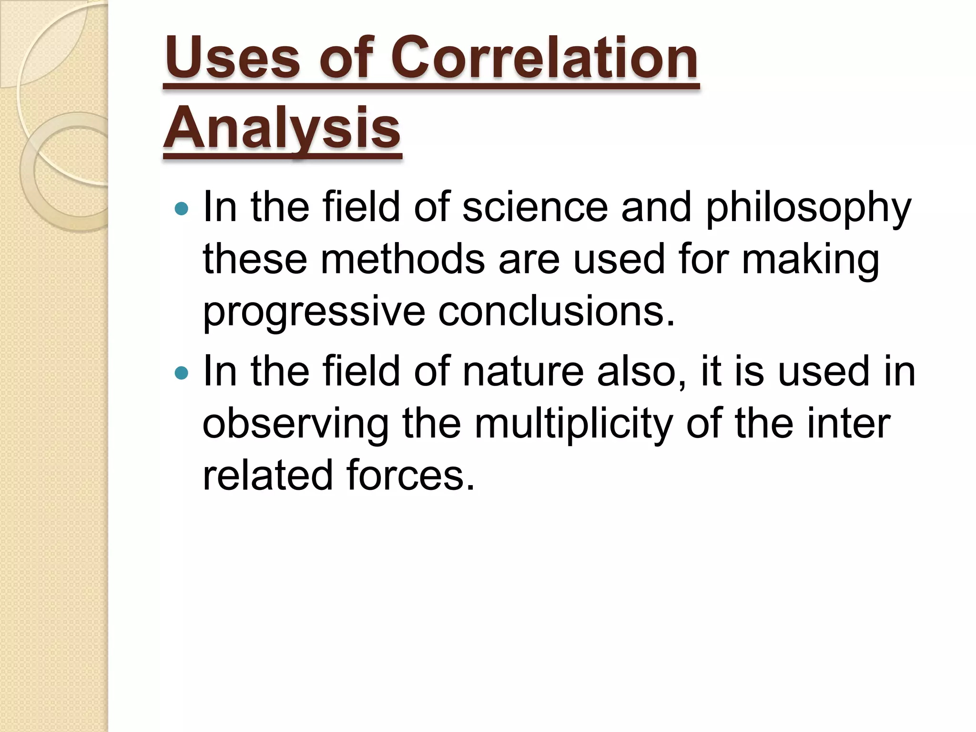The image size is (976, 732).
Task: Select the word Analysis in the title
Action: point(282,128)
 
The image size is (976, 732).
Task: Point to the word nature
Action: point(523,372)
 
